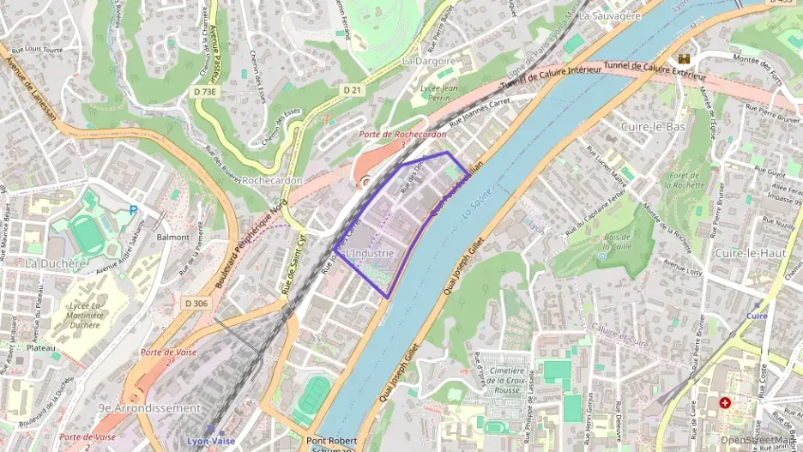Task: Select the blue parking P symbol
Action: [132, 209]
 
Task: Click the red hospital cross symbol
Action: [725, 401]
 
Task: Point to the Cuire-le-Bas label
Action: [652, 126]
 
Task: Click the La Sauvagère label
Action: [610, 15]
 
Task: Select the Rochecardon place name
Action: [272, 181]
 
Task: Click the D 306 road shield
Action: [196, 303]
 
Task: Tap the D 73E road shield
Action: [206, 90]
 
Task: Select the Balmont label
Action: [172, 236]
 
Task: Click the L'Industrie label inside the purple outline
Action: [371, 254]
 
